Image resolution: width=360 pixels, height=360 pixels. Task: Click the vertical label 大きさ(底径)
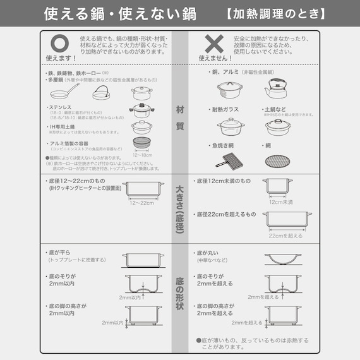(x=180, y=208)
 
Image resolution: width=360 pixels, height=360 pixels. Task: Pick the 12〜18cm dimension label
(x=141, y=155)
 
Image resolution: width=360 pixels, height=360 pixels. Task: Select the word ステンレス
(x=63, y=107)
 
